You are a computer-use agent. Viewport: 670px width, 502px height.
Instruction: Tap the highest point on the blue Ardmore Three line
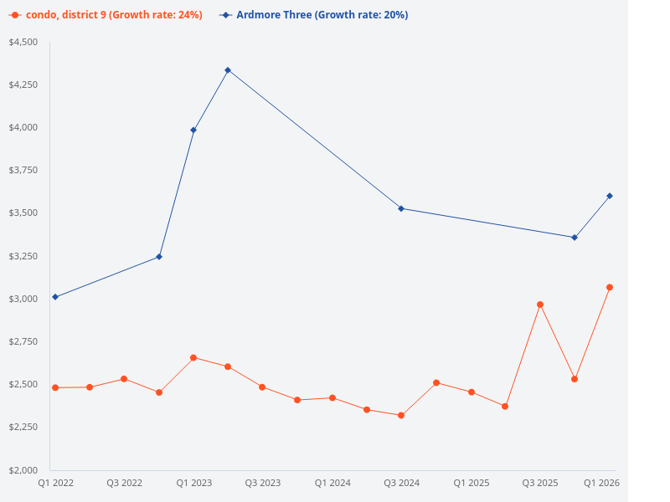coord(228,70)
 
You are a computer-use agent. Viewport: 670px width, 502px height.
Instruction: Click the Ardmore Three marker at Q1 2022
coord(55,297)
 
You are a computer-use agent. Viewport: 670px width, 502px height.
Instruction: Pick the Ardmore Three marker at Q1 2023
coord(193,130)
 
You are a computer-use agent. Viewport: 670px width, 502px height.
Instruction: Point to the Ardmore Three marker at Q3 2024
coord(401,208)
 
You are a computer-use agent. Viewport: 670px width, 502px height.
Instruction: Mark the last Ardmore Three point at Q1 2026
coord(610,196)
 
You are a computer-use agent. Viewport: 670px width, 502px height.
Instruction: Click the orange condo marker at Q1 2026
coord(610,287)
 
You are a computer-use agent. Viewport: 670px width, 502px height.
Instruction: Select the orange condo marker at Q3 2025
coord(540,305)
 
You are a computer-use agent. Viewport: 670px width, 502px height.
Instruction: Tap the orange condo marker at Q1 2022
coord(55,387)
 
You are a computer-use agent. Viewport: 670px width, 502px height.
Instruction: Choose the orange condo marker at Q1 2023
coord(193,357)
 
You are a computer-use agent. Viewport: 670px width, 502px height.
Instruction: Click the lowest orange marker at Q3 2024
coord(401,415)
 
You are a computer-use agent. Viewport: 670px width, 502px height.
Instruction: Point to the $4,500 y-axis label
coord(23,43)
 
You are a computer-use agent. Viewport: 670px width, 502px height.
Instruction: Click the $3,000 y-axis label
coord(23,299)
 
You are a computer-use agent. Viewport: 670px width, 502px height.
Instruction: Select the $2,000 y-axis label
coord(23,470)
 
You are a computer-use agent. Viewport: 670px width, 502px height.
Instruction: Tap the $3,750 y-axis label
coord(23,171)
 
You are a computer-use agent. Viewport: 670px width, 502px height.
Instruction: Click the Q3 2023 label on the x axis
coord(263,483)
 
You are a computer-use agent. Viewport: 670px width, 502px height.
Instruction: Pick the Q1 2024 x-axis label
coord(332,483)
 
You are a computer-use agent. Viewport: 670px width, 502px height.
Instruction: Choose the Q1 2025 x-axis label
coord(471,483)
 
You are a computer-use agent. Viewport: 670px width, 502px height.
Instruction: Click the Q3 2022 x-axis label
coord(124,483)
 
